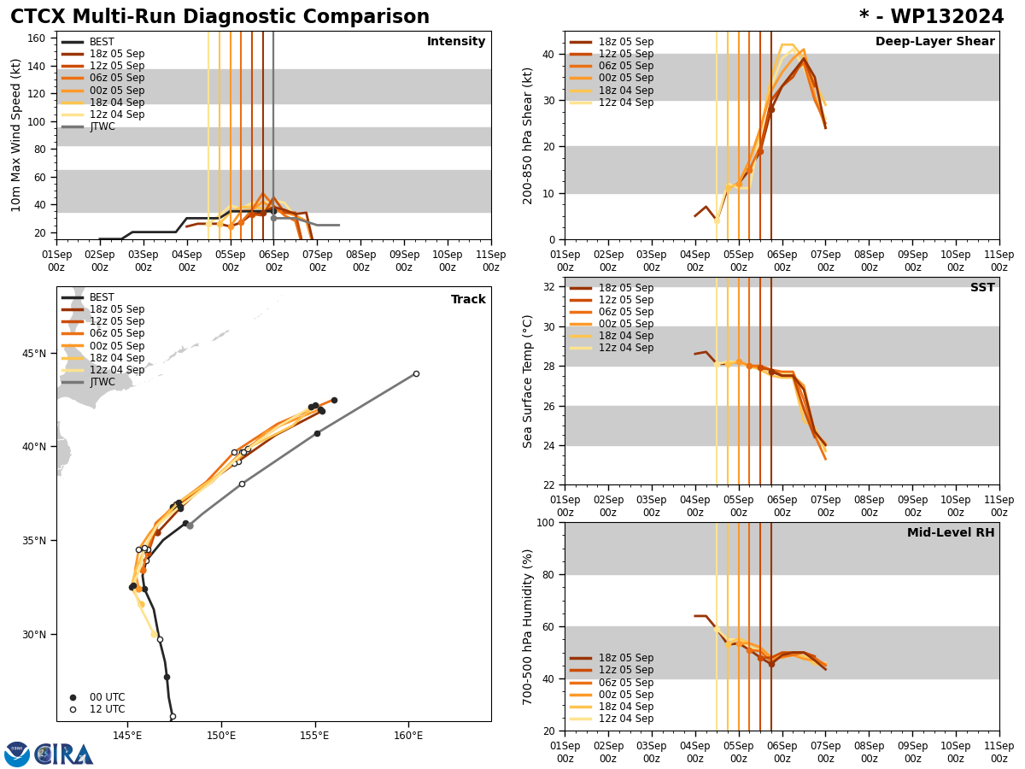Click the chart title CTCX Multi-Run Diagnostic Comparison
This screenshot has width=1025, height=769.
click(220, 17)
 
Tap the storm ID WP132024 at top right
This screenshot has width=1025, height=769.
click(932, 17)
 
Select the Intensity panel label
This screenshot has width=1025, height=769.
click(456, 42)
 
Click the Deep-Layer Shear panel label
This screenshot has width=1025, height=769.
click(934, 42)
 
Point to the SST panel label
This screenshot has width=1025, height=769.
click(982, 288)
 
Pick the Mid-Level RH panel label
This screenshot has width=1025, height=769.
click(951, 533)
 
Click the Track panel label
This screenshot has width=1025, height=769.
click(468, 300)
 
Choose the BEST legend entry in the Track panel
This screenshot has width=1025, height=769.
click(102, 297)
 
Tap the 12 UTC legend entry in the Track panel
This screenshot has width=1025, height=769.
click(107, 709)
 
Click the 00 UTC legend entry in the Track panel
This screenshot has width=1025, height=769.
click(107, 697)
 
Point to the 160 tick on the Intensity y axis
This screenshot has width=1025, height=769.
click(37, 38)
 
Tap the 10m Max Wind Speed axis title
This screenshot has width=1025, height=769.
click(17, 135)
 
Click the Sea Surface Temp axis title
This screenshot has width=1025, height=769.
click(528, 381)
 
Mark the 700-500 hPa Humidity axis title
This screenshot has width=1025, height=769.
click(528, 626)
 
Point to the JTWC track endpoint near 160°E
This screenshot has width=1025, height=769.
click(416, 373)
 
